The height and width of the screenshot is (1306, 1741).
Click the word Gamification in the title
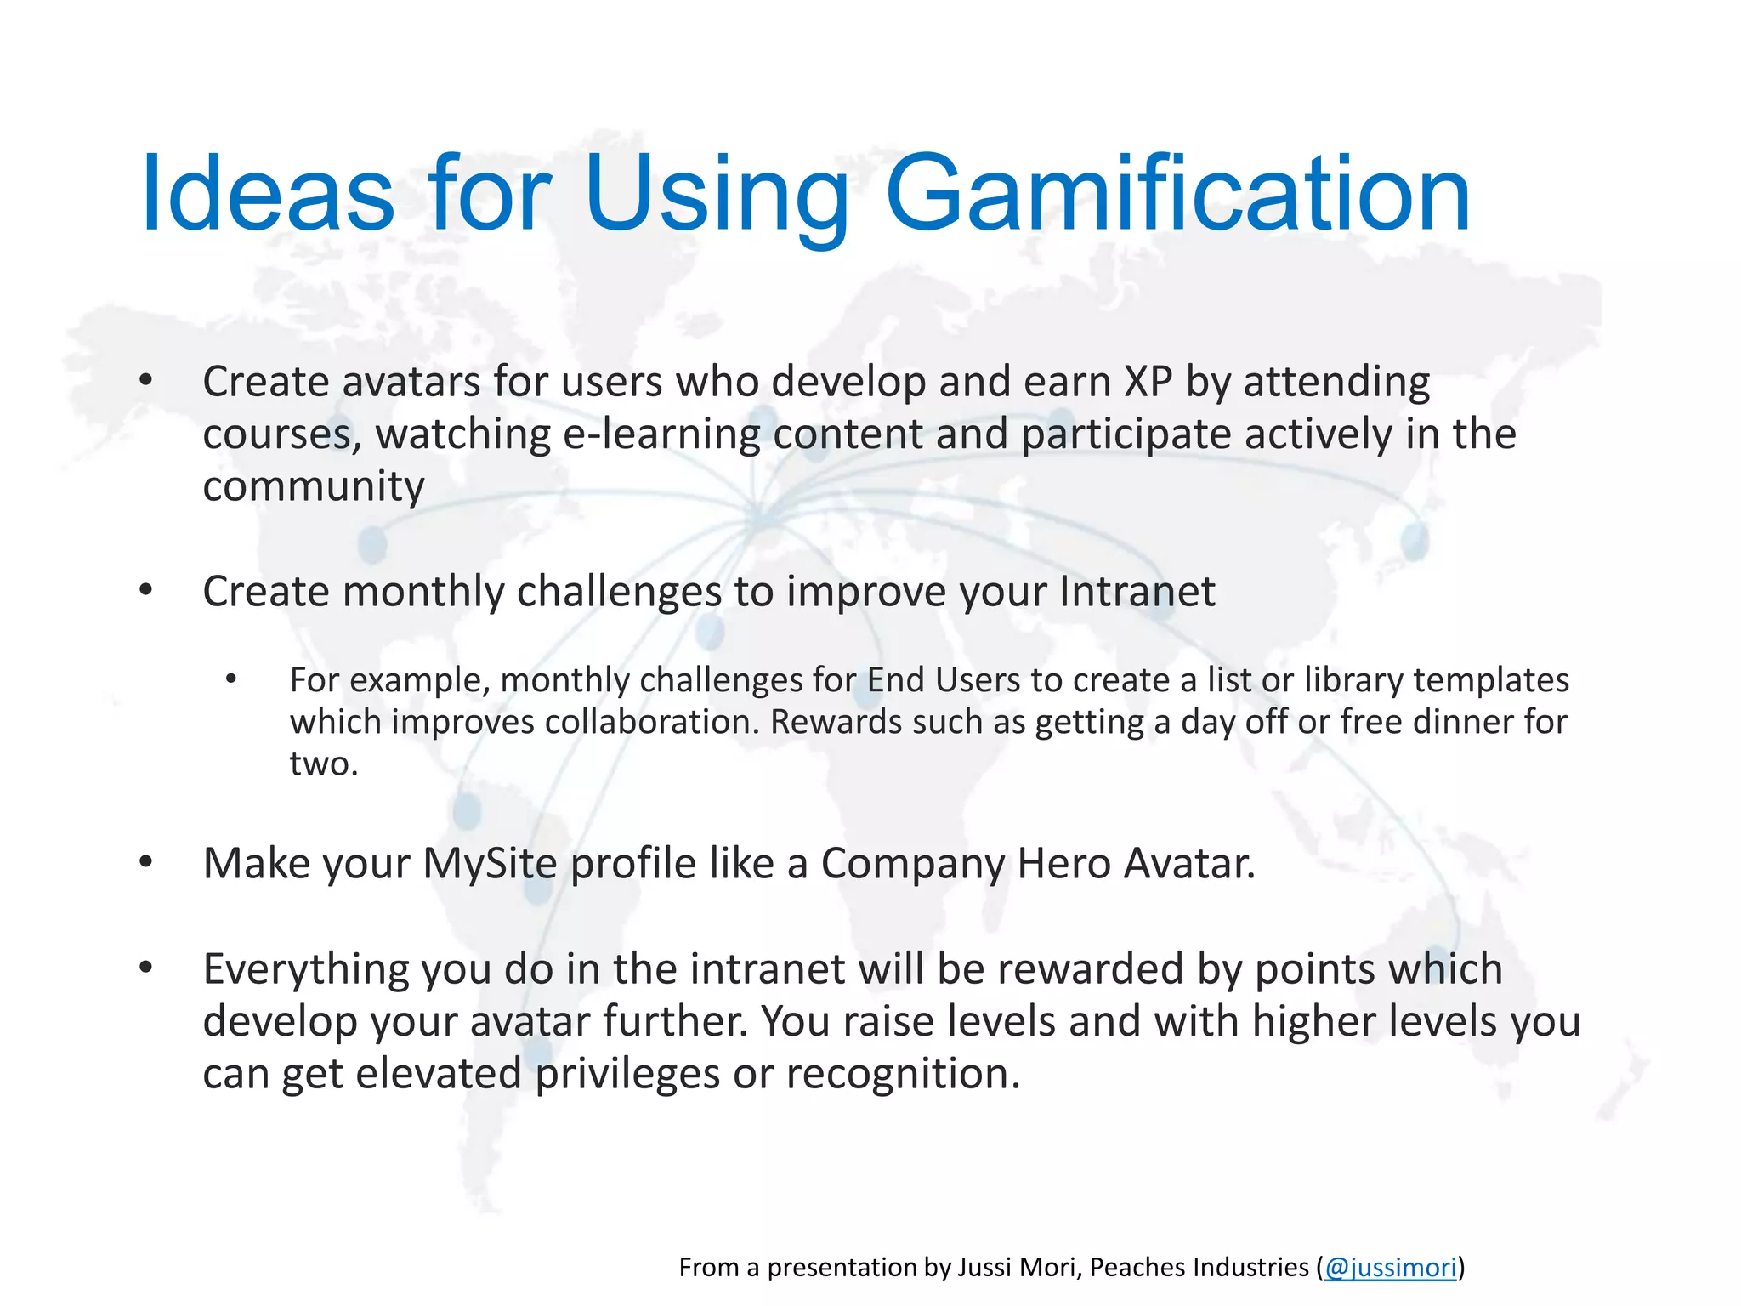(1177, 196)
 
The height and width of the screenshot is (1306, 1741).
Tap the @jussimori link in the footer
(1390, 1268)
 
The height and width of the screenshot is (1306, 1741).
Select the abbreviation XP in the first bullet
(1148, 382)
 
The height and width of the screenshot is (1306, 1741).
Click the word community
(313, 487)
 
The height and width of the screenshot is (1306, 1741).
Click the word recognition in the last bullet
(902, 1074)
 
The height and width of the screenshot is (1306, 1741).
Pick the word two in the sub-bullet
(322, 764)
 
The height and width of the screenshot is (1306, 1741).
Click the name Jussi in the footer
(984, 1268)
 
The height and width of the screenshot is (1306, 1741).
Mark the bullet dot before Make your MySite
(146, 863)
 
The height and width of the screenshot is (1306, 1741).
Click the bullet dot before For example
(231, 679)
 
